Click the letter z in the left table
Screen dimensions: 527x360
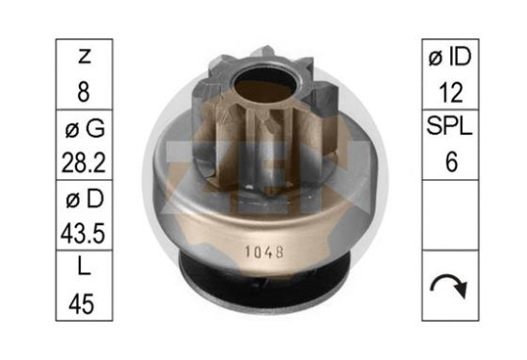(84, 56)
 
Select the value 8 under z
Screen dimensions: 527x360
(84, 91)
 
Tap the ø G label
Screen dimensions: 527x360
(85, 128)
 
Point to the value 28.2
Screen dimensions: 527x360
(84, 162)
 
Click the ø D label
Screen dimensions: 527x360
(85, 199)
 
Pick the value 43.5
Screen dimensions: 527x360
(83, 233)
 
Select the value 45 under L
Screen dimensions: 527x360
(82, 303)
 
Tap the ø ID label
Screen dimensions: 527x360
(450, 56)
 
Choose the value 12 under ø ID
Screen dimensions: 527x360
(451, 92)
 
